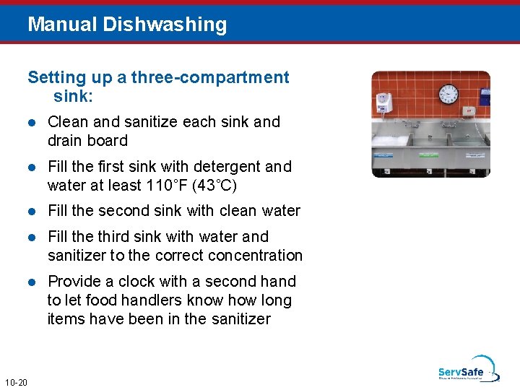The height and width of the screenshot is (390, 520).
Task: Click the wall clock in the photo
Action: (x=448, y=93)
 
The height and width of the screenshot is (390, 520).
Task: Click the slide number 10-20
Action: (x=15, y=381)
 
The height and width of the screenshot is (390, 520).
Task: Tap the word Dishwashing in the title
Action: (x=165, y=25)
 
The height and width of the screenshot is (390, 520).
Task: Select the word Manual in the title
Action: (x=63, y=25)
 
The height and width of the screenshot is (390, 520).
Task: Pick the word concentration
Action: (x=257, y=255)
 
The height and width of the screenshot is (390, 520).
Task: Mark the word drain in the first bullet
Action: (x=66, y=140)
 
